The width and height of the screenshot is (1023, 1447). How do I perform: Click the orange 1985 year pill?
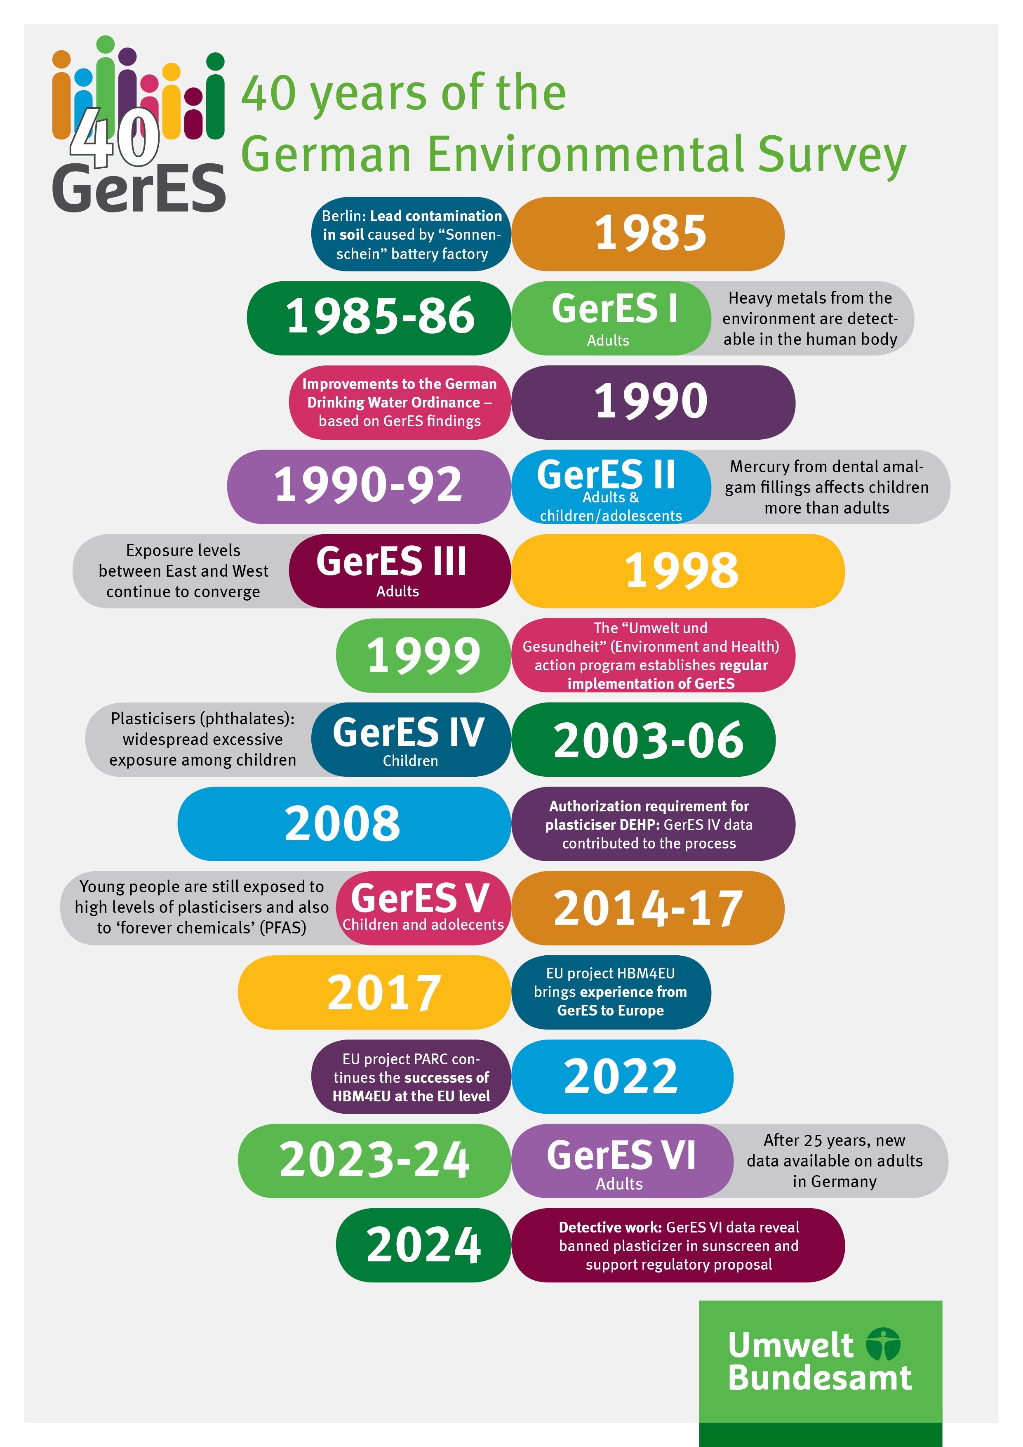(649, 234)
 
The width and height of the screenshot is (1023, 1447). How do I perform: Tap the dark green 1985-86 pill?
(379, 318)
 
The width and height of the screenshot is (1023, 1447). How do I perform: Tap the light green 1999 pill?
(423, 655)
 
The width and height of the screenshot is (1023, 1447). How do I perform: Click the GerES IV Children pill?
(409, 739)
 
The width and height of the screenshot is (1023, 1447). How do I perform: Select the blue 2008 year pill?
(343, 824)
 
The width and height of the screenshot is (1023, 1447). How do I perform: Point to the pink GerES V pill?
(422, 907)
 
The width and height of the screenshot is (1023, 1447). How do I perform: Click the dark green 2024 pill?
(423, 1245)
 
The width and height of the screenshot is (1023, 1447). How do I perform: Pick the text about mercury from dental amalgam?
(826, 487)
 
